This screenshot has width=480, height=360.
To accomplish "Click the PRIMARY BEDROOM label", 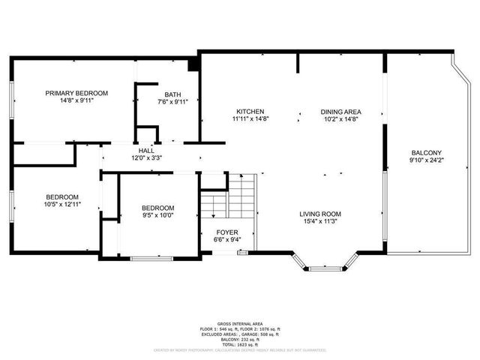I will click(76, 93).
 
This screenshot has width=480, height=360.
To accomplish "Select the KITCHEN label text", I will click(250, 111).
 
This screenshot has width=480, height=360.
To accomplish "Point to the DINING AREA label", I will click(341, 111).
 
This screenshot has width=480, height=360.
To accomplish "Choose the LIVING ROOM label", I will click(321, 213).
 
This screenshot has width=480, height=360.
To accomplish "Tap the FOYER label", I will click(227, 232).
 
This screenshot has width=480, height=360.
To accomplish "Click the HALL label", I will click(146, 151).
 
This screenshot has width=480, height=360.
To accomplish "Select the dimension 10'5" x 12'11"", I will click(61, 204).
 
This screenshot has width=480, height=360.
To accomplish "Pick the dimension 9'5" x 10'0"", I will click(158, 215).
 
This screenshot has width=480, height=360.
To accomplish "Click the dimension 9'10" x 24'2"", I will click(426, 160).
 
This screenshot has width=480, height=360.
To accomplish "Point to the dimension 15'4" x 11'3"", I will click(321, 220).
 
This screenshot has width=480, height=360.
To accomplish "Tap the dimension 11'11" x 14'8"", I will click(250, 118).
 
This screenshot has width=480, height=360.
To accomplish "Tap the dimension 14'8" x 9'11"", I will click(76, 100).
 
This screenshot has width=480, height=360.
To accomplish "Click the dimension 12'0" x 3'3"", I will click(146, 158).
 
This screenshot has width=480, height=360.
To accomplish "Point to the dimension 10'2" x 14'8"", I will click(341, 118).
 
